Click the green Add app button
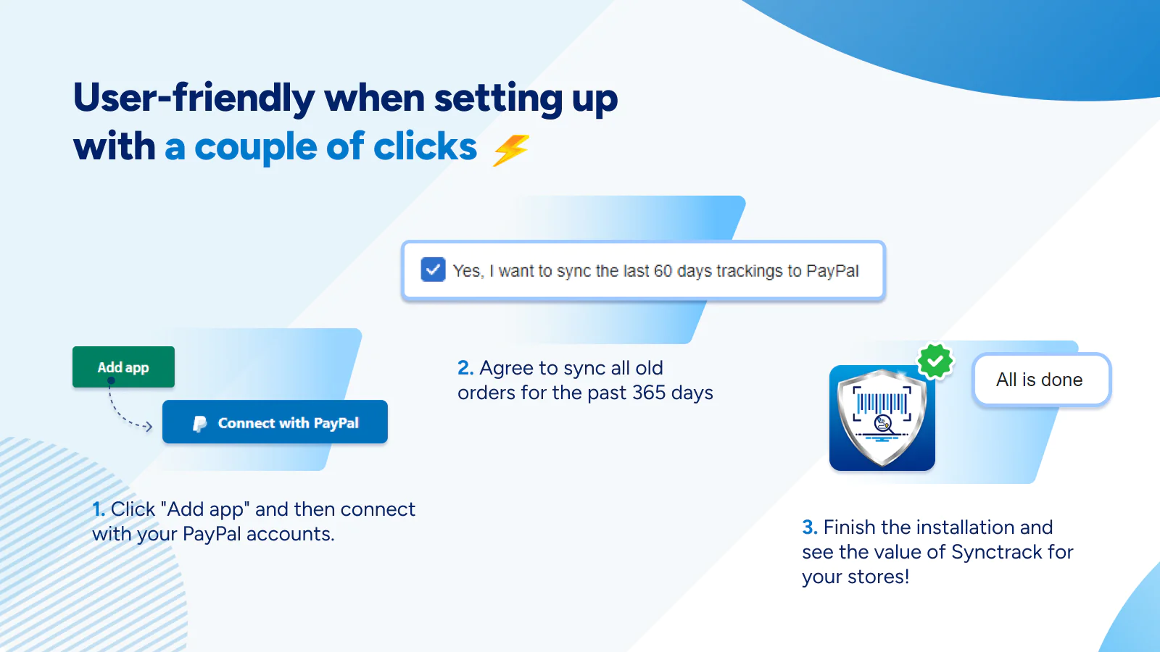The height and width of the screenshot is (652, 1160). (123, 367)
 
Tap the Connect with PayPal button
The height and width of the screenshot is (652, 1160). (275, 422)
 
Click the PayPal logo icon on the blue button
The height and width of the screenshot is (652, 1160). (200, 424)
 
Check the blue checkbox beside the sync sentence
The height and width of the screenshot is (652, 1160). (433, 269)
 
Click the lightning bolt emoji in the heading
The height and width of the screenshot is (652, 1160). (511, 150)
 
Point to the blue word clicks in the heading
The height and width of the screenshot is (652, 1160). (425, 147)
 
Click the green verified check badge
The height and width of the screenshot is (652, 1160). (935, 361)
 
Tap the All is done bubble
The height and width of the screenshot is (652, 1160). (1041, 380)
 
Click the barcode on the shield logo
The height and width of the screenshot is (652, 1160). (882, 403)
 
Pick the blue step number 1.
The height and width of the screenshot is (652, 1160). (99, 510)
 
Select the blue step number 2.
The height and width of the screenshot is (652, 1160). (465, 368)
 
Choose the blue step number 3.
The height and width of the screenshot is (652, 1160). (809, 527)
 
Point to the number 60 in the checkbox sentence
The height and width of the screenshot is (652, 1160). (663, 271)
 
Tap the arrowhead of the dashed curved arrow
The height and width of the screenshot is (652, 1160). (149, 427)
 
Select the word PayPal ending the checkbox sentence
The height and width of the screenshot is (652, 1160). (833, 271)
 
